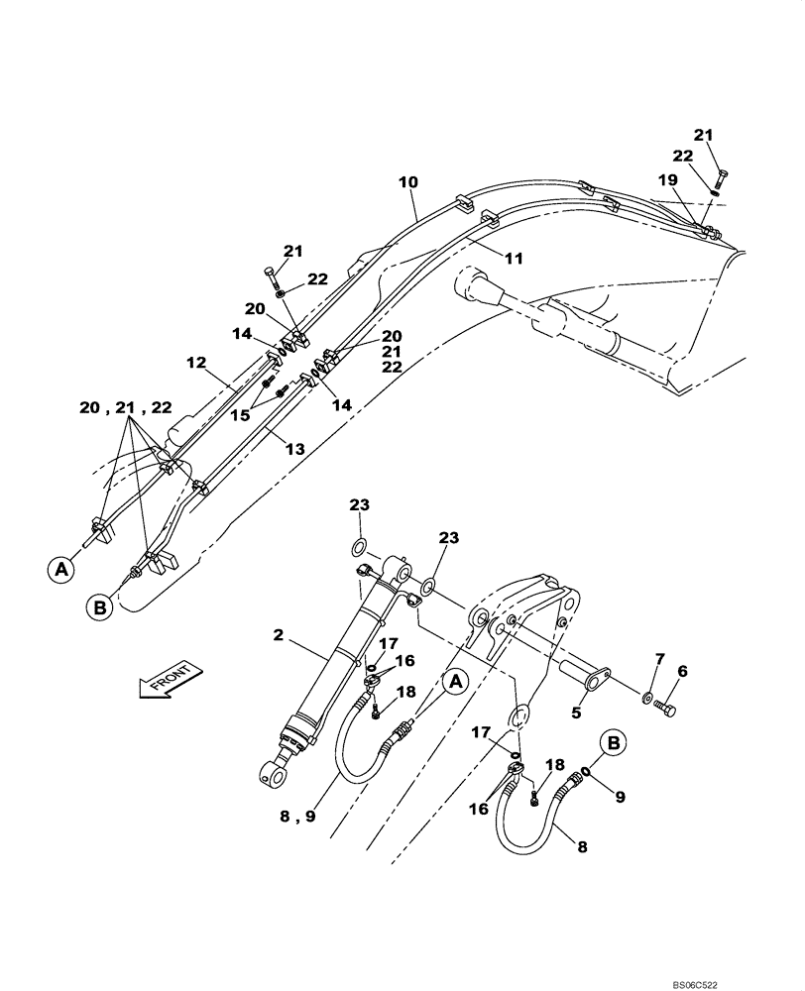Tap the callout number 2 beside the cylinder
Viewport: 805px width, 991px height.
coord(280,636)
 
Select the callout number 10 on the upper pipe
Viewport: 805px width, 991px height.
coord(407,182)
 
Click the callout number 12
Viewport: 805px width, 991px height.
coord(196,364)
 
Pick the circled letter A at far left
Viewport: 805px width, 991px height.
coord(59,569)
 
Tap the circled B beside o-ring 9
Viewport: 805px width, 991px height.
coord(613,742)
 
